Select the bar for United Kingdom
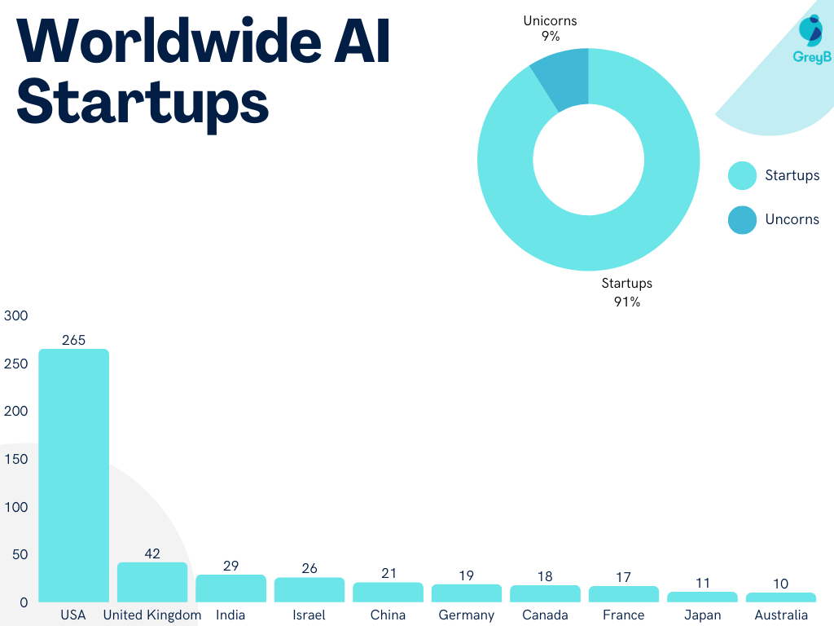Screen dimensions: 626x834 (x=152, y=582)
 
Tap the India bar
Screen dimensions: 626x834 (x=230, y=588)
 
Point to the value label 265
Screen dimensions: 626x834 (x=73, y=340)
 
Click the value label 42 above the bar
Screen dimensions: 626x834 (x=152, y=553)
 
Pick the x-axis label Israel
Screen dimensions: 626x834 (x=309, y=615)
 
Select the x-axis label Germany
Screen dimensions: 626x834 (x=467, y=615)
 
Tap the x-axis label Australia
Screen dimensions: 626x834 (x=781, y=615)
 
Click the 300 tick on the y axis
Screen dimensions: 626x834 (x=16, y=315)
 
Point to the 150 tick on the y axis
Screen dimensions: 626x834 (x=16, y=459)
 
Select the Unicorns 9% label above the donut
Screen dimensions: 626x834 (x=550, y=29)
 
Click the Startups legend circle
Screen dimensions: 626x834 (x=742, y=176)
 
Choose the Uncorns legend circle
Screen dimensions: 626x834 (x=742, y=219)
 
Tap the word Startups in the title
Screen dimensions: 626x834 (x=143, y=102)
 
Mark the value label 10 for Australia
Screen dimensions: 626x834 (x=781, y=584)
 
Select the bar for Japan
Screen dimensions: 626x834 (x=702, y=597)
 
